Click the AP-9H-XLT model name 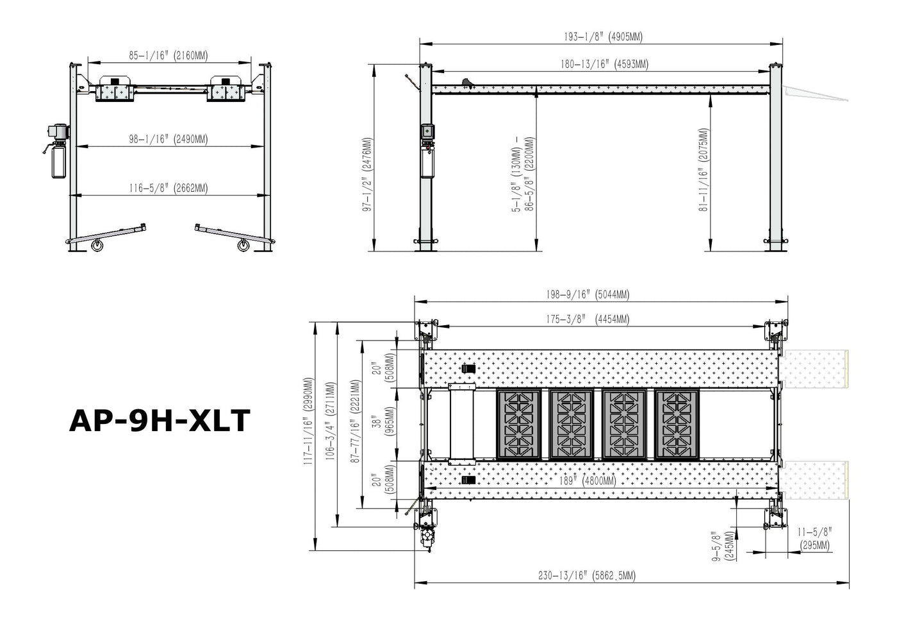click(x=160, y=421)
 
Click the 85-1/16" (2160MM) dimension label click(x=168, y=55)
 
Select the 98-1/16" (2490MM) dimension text click(x=168, y=139)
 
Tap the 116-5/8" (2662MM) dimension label click(x=168, y=188)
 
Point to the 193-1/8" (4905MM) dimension click(x=603, y=37)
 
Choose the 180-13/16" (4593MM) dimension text click(x=604, y=64)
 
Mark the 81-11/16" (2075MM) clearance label click(x=704, y=169)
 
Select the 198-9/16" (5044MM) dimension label click(x=588, y=294)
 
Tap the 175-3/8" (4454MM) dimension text click(x=588, y=319)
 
